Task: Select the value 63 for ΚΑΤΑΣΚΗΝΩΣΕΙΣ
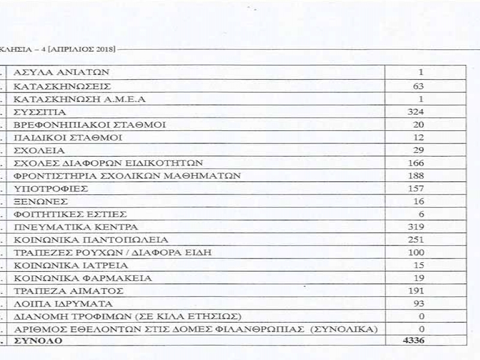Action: click(x=418, y=86)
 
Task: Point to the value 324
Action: click(x=415, y=112)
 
